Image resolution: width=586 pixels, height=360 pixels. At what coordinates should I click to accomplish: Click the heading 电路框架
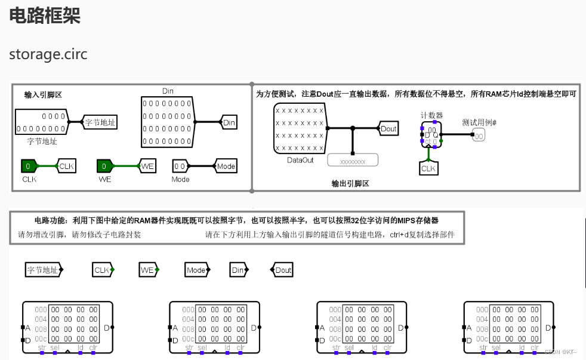pyautogui.click(x=45, y=16)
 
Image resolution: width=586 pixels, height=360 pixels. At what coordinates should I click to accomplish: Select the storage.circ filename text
pyautogui.click(x=48, y=54)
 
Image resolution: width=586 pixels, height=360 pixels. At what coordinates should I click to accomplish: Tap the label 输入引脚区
pyautogui.click(x=43, y=95)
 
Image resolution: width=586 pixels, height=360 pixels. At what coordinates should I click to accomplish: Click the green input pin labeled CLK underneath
pyautogui.click(x=29, y=166)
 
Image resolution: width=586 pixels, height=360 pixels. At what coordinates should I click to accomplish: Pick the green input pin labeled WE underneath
pyautogui.click(x=104, y=166)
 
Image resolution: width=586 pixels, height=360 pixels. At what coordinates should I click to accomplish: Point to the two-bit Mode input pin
pyautogui.click(x=180, y=166)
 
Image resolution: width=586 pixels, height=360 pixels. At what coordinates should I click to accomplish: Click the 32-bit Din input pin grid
pyautogui.click(x=168, y=122)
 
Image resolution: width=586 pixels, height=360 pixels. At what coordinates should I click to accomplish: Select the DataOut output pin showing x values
pyautogui.click(x=300, y=128)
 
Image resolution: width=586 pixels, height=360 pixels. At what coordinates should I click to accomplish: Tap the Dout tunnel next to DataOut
pyautogui.click(x=388, y=128)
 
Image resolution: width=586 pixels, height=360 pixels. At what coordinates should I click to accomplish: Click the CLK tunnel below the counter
pyautogui.click(x=428, y=168)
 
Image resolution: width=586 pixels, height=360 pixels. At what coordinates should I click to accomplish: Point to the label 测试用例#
pyautogui.click(x=479, y=122)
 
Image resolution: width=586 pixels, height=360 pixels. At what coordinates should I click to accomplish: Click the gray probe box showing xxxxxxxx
pyautogui.click(x=353, y=160)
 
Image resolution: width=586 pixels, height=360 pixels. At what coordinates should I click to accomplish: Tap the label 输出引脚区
pyautogui.click(x=350, y=183)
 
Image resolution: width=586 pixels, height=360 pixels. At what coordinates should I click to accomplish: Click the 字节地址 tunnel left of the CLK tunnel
pyautogui.click(x=43, y=270)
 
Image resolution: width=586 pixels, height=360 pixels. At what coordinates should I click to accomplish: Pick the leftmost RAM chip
pyautogui.click(x=66, y=327)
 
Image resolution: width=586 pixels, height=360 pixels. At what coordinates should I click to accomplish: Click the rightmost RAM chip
pyautogui.click(x=508, y=327)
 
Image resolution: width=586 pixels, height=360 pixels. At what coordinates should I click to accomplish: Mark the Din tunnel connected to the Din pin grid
pyautogui.click(x=229, y=122)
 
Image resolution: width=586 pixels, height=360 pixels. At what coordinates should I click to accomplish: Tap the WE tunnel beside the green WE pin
pyautogui.click(x=147, y=166)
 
